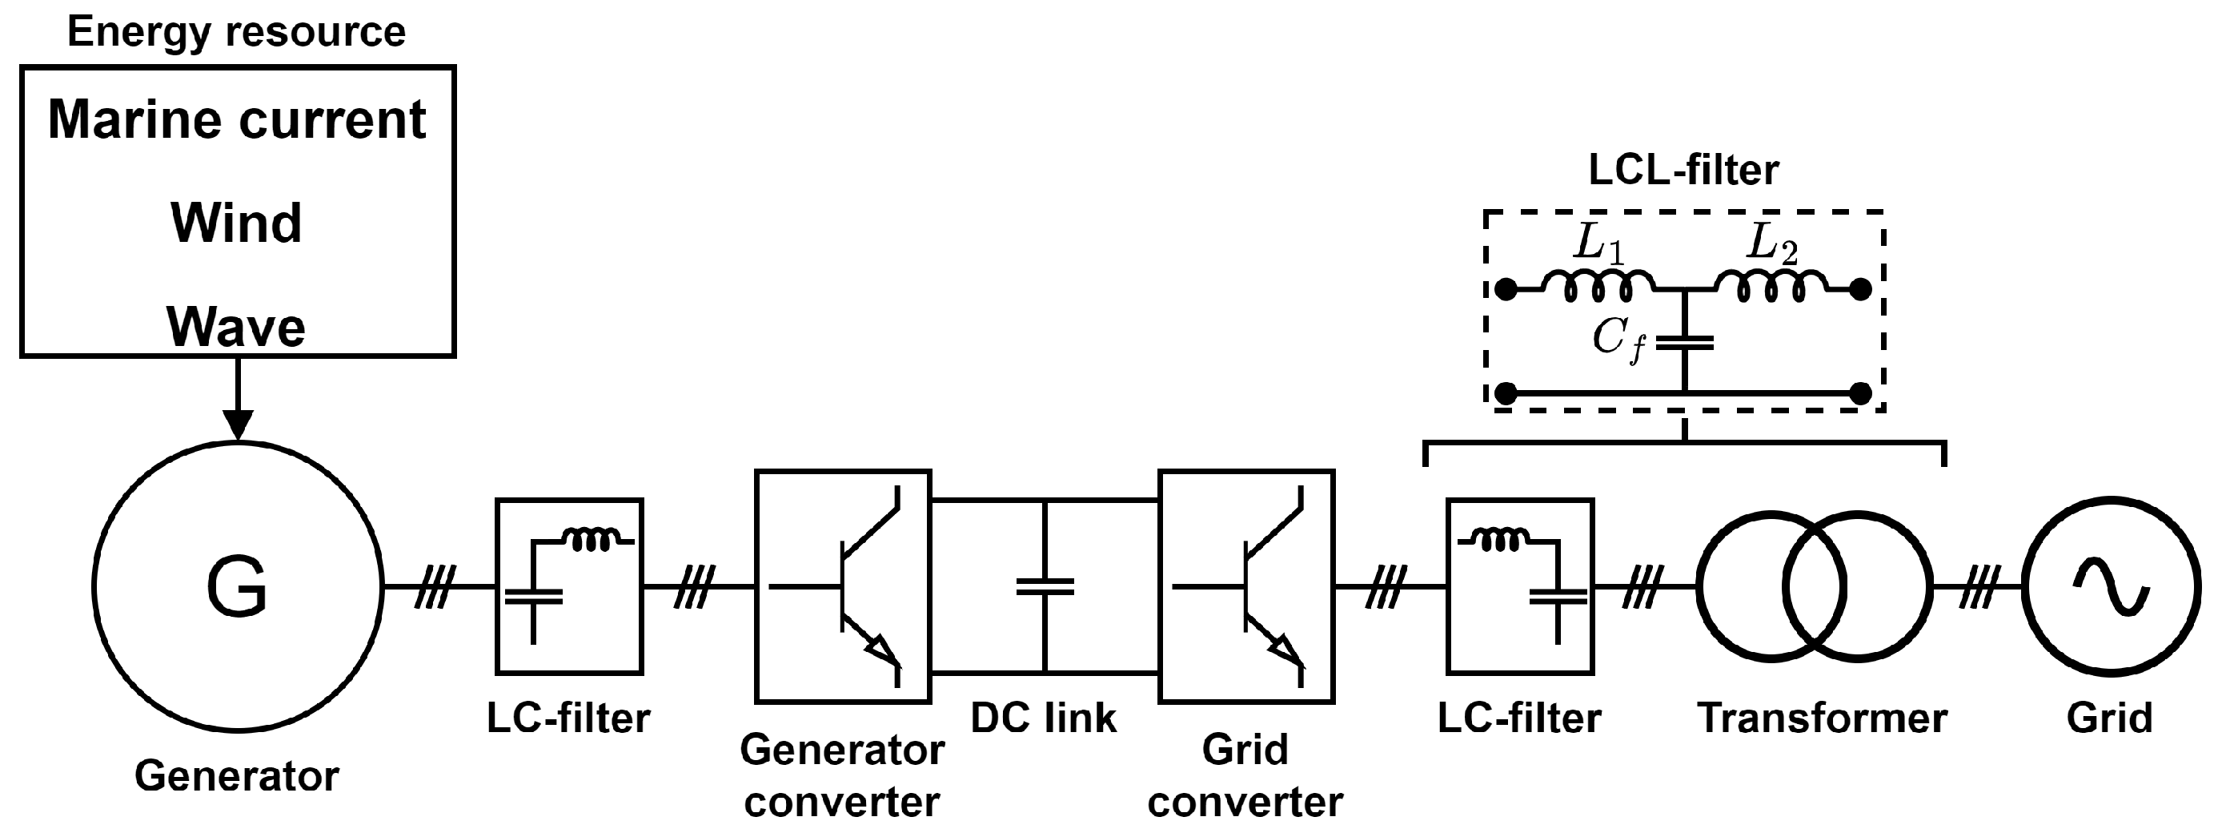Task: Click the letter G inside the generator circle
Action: [237, 587]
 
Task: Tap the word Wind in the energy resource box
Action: [236, 223]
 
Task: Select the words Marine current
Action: [236, 119]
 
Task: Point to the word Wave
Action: [236, 328]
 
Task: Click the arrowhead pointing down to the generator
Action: [237, 425]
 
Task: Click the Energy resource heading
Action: [236, 33]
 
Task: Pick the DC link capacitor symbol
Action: [1045, 587]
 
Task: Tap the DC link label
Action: [1044, 718]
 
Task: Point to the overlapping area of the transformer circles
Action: [1815, 586]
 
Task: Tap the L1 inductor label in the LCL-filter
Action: [1598, 244]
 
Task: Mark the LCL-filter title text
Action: [1683, 171]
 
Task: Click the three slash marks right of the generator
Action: [435, 587]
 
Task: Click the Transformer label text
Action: [1822, 718]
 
